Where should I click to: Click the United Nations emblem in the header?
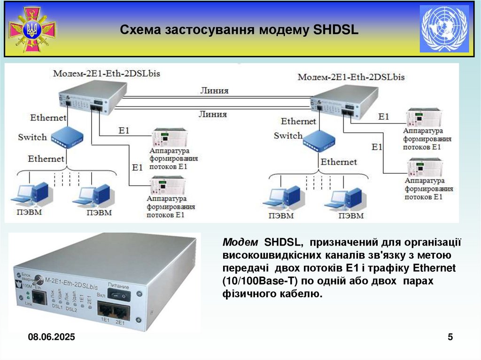tap(444, 29)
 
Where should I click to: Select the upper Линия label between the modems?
tap(214, 91)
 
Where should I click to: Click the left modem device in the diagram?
tap(92, 97)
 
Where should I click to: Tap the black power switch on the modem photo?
tap(118, 294)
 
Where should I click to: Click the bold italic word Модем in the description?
tap(240, 243)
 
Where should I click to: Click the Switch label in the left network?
tap(32, 137)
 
